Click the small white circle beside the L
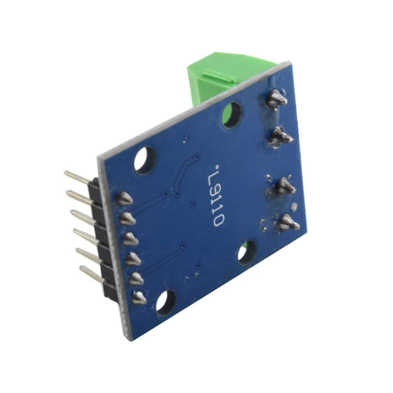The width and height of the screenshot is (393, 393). [x=217, y=166]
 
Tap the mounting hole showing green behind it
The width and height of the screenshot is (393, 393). [x=233, y=115]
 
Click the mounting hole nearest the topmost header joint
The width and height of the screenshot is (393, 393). [x=145, y=160]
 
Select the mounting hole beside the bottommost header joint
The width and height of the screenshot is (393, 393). [x=166, y=303]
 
